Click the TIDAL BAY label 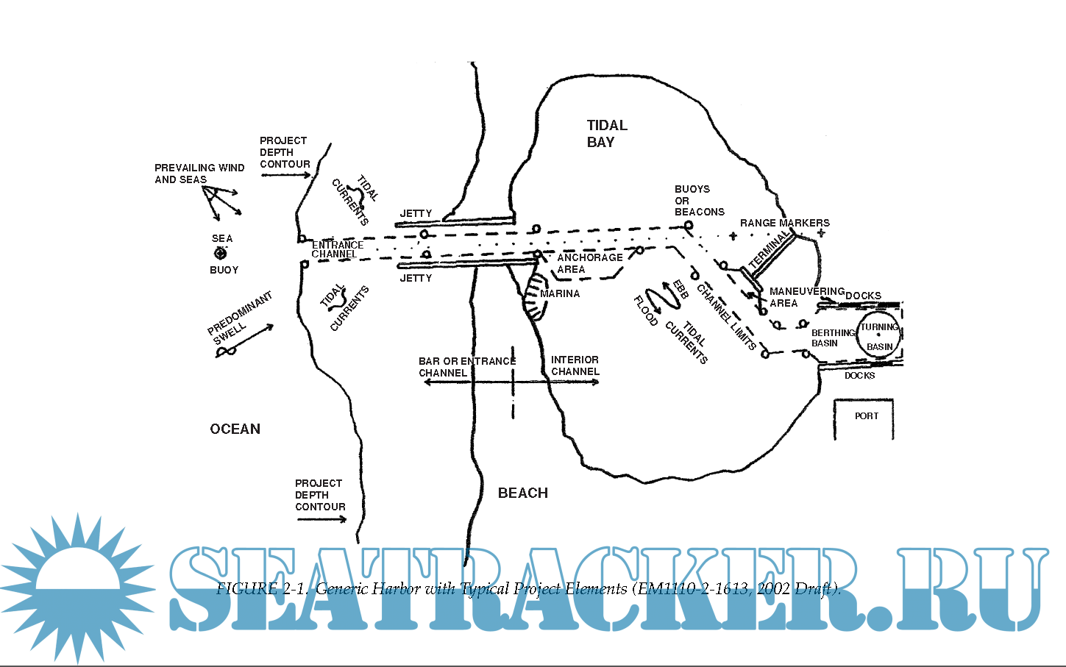click(x=607, y=134)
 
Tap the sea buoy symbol click(x=220, y=254)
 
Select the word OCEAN click(x=235, y=429)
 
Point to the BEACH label click(x=523, y=493)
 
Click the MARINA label click(x=560, y=294)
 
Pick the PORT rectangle click(x=864, y=418)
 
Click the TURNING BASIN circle click(x=879, y=336)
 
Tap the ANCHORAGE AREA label click(x=589, y=263)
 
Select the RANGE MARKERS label click(x=784, y=223)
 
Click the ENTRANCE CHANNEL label click(x=337, y=249)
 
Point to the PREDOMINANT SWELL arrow click(x=245, y=340)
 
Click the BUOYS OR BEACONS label click(x=699, y=200)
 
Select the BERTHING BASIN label click(x=832, y=338)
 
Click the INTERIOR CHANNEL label click(x=575, y=365)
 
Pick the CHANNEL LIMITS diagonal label click(x=726, y=316)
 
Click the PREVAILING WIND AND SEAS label click(x=199, y=174)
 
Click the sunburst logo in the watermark click(x=77, y=588)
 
